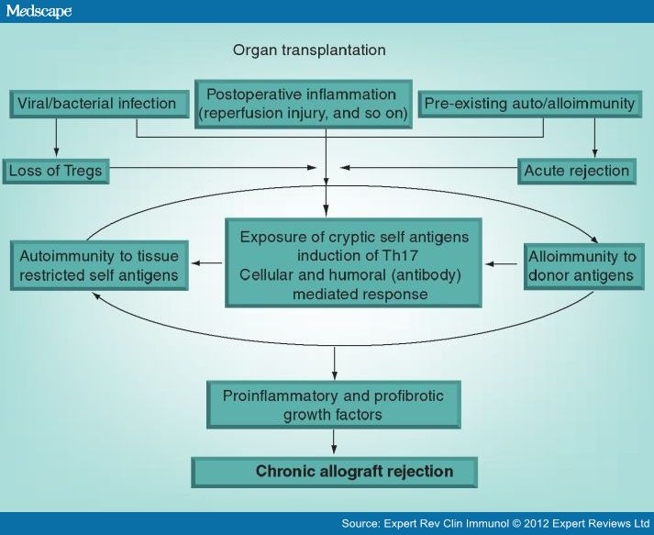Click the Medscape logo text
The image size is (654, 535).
tap(38, 11)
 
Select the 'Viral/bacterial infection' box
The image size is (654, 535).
tap(97, 103)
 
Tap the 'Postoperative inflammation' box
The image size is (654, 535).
tap(302, 104)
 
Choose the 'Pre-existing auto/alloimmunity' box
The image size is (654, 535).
tap(529, 104)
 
